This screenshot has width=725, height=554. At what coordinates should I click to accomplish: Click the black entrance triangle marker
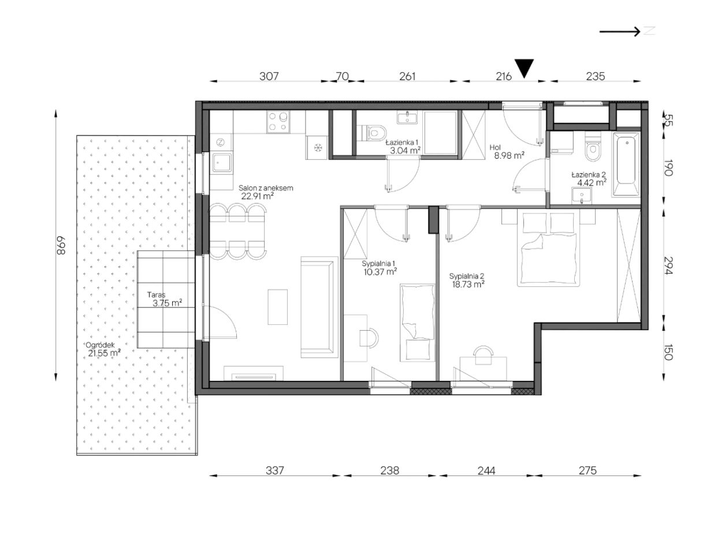[x=524, y=68]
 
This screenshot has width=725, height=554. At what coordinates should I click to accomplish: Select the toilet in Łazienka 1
[x=374, y=133]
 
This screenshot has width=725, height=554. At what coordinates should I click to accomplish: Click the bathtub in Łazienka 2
[x=626, y=164]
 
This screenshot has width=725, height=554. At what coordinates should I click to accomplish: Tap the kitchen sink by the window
[x=221, y=163]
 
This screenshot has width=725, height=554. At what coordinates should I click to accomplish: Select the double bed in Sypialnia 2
[x=548, y=249]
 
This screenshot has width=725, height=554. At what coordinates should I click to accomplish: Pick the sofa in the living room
[x=319, y=307]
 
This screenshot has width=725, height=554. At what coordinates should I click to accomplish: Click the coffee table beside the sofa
[x=277, y=307]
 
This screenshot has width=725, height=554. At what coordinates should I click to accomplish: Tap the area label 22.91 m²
[x=258, y=196]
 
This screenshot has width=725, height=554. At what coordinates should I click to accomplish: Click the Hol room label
[x=496, y=148]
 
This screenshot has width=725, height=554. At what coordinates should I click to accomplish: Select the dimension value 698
[x=61, y=245]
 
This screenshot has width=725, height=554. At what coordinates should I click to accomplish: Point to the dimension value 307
[x=269, y=77]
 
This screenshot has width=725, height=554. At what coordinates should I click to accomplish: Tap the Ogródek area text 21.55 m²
[x=104, y=353]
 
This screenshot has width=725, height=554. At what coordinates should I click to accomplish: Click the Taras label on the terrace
[x=156, y=295]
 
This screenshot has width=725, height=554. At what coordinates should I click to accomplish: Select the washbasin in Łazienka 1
[x=407, y=118]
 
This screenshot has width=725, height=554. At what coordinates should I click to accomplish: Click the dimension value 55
[x=668, y=120]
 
